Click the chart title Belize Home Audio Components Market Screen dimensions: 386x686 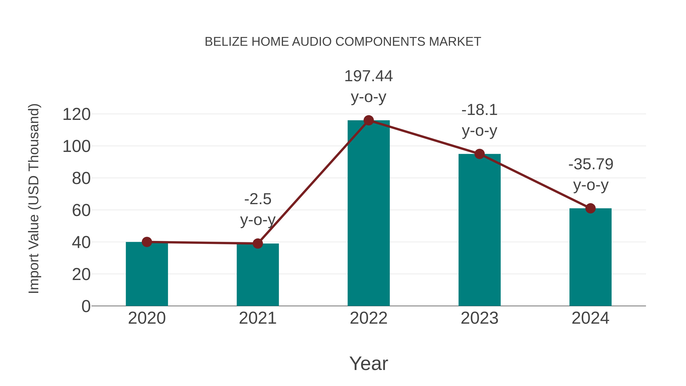343,42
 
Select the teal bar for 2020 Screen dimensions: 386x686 147,274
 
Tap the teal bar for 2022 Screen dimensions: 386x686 369,213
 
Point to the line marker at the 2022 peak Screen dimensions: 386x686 369,120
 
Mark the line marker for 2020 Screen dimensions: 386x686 147,242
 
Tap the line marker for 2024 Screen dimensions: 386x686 590,208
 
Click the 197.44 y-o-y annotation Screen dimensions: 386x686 369,86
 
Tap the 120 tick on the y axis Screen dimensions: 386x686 76,115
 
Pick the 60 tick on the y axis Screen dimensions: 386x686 81,210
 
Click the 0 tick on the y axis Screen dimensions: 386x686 86,306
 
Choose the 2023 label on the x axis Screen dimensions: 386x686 479,318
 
